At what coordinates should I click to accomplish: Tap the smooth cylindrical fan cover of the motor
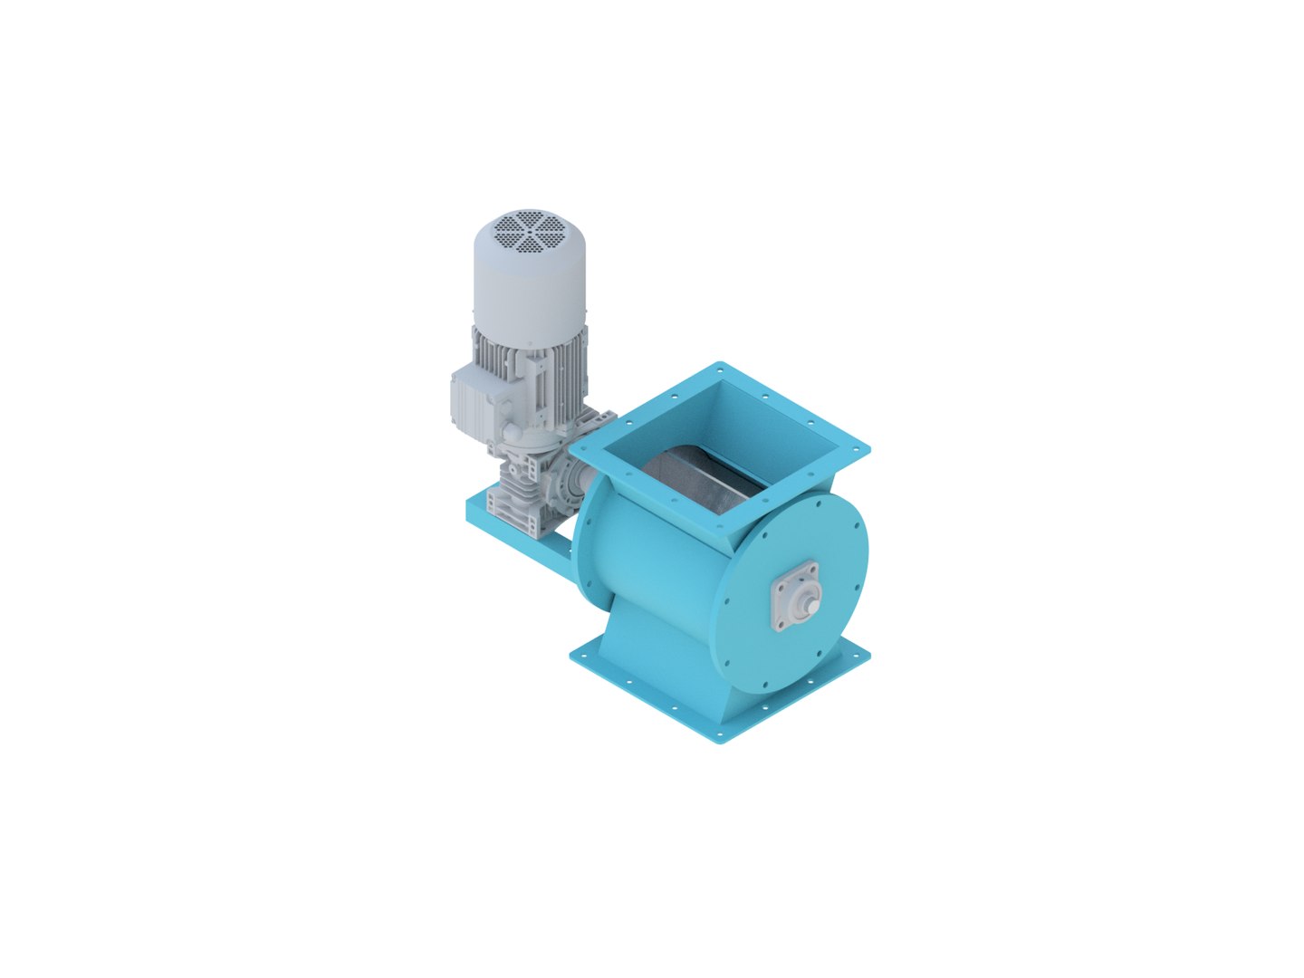[x=530, y=290]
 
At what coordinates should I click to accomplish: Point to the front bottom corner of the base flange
[x=720, y=742]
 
